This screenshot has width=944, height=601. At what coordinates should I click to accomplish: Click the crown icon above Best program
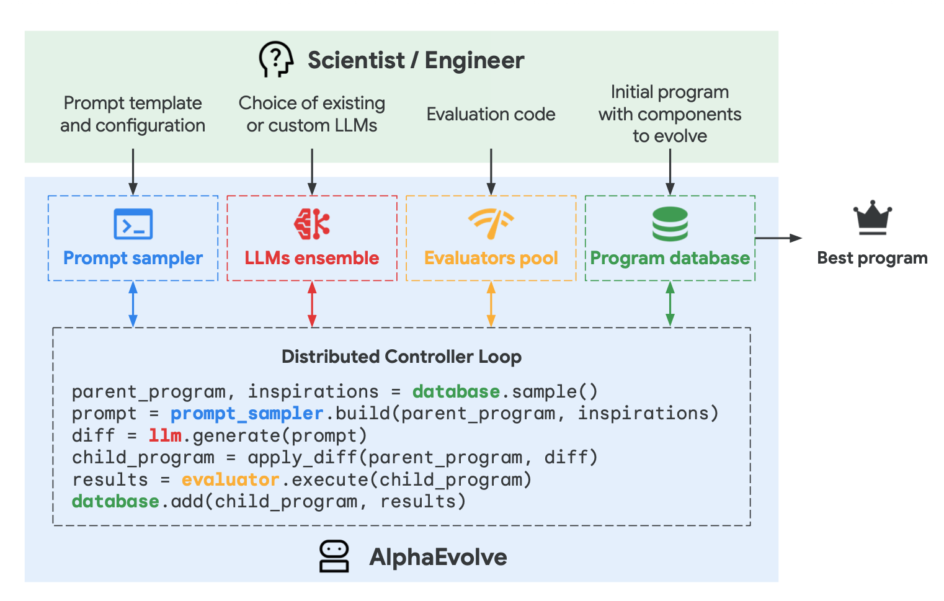[872, 218]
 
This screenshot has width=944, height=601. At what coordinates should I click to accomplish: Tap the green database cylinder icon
[670, 224]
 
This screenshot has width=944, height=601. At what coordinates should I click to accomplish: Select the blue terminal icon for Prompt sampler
[133, 224]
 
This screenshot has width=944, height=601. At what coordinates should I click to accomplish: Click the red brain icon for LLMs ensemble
[311, 224]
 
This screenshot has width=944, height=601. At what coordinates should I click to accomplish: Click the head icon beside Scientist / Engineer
[276, 60]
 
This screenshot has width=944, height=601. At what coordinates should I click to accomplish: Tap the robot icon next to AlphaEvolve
[334, 556]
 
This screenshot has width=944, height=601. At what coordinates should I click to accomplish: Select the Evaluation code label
[491, 114]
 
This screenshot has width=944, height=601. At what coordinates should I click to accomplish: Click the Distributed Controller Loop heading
[401, 357]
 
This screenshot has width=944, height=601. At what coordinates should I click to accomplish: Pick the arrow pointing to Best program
[778, 238]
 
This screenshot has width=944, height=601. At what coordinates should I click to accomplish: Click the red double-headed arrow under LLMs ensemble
[312, 304]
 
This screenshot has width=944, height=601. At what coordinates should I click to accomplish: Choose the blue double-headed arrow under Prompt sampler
[133, 304]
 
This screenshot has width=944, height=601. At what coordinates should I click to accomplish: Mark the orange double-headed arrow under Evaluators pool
[491, 304]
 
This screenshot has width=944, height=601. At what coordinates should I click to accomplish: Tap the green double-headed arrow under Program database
[670, 304]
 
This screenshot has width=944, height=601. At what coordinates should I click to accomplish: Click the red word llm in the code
[165, 435]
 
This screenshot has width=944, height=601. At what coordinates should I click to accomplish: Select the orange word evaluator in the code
[230, 479]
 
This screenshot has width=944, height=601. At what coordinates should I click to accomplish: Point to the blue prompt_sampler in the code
[247, 414]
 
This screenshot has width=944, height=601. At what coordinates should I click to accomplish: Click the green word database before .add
[115, 501]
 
